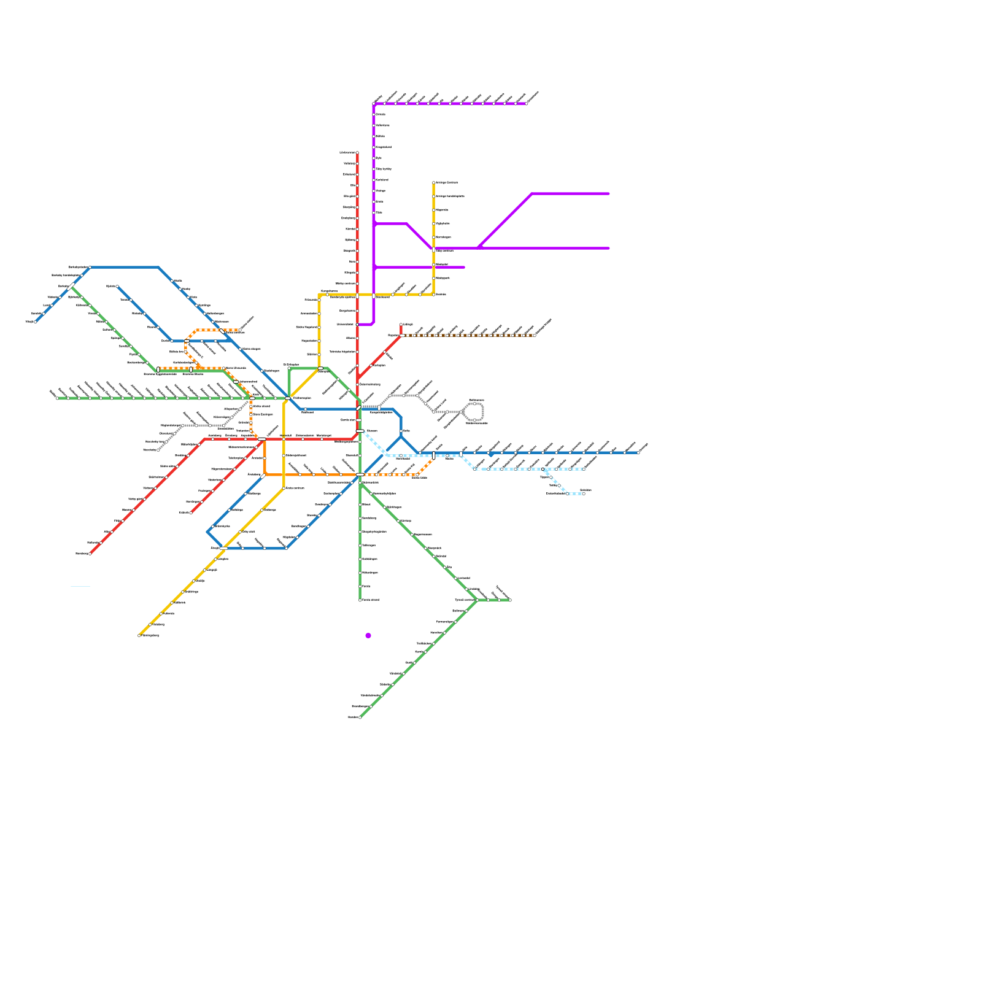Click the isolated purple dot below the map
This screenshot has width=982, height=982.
pyautogui.click(x=368, y=635)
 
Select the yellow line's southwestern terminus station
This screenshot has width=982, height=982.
pyautogui.click(x=139, y=635)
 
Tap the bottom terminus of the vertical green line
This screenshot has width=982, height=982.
pyautogui.click(x=360, y=600)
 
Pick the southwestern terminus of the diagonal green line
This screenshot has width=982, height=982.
pyautogui.click(x=360, y=717)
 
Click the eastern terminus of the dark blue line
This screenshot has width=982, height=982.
pyautogui.click(x=638, y=453)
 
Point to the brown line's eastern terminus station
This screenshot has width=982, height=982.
pyautogui.click(x=535, y=335)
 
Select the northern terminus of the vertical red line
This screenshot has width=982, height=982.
pyautogui.click(x=357, y=152)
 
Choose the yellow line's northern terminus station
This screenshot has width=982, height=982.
pyautogui.click(x=434, y=182)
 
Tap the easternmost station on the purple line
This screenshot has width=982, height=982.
pyautogui.click(x=526, y=104)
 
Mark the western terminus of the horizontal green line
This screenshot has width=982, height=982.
pyautogui.click(x=57, y=398)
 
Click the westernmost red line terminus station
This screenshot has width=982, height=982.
pyautogui.click(x=90, y=554)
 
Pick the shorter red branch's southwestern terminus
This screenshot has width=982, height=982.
pyautogui.click(x=191, y=512)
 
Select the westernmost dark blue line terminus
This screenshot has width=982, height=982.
pyautogui.click(x=36, y=322)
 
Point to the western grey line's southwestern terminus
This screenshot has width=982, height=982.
pyautogui.click(x=158, y=450)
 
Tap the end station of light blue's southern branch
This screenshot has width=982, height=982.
pyautogui.click(x=583, y=493)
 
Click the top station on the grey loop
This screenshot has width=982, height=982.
pyautogui.click(x=474, y=403)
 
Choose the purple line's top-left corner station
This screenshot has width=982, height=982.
pyautogui.click(x=374, y=104)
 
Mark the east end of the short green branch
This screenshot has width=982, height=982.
pyautogui.click(x=510, y=600)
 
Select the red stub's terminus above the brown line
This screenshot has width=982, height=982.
pyautogui.click(x=401, y=324)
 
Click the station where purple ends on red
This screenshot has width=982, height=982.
pyautogui.click(x=357, y=324)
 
